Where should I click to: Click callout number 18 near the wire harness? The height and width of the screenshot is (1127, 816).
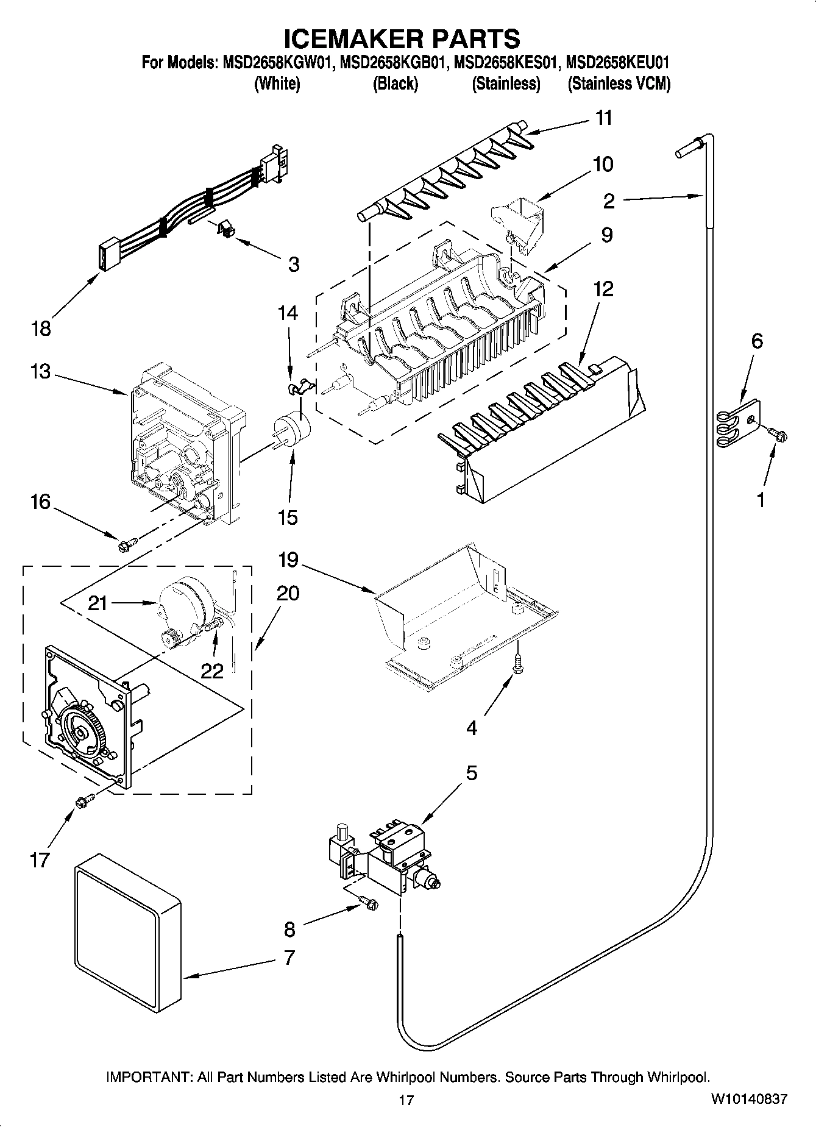41,329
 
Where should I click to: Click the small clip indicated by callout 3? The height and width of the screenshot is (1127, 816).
226,230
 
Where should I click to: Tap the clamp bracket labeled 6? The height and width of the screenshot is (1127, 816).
738,421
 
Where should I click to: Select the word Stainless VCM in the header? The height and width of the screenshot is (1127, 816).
619,84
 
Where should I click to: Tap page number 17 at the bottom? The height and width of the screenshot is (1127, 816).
406,1100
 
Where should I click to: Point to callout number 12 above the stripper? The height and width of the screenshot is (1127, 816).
603,289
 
